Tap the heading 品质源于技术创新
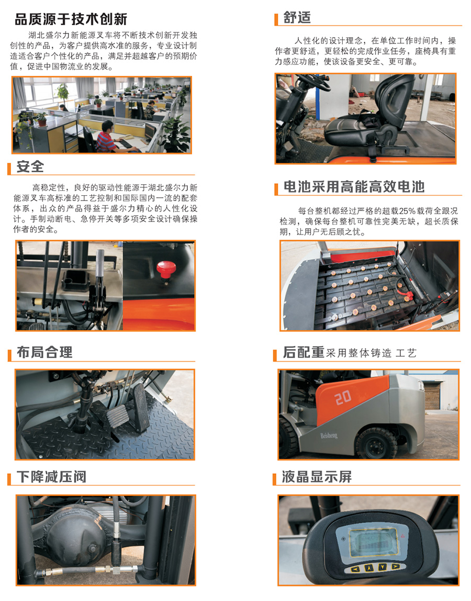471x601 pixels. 71,19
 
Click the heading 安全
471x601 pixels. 30,166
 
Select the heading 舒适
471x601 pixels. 297,18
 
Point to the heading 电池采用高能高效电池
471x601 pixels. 354,187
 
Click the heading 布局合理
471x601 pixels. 44,352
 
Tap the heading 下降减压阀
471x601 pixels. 51,477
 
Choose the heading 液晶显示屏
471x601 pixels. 317,477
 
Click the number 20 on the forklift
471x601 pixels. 343,397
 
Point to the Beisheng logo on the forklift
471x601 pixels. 329,435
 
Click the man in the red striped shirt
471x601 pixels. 111,138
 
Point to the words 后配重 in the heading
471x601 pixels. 304,352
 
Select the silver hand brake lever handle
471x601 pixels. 100,263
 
